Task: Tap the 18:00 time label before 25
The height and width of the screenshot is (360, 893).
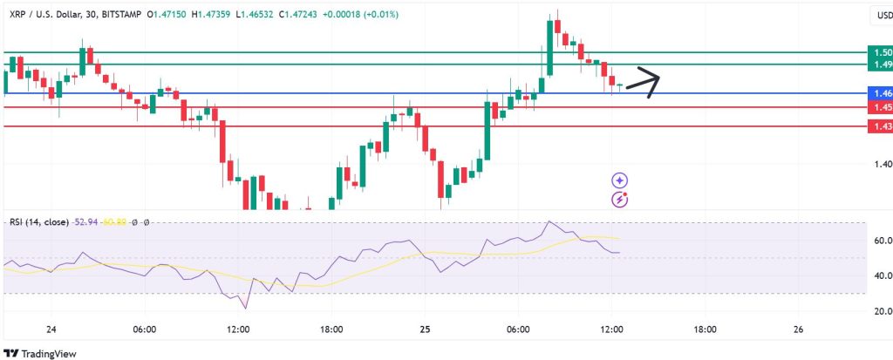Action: (x=331, y=329)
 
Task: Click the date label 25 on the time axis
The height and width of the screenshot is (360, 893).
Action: (x=425, y=329)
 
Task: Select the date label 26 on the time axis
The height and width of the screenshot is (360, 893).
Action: (x=799, y=329)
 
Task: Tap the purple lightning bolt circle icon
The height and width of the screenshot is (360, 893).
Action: (x=620, y=199)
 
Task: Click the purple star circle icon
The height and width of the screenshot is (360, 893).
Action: (x=620, y=180)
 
